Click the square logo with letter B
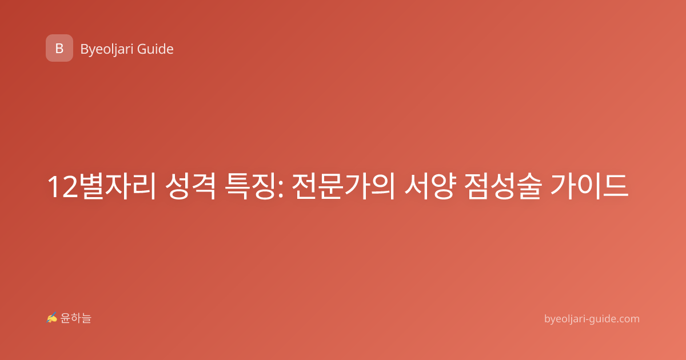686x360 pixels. click(x=59, y=48)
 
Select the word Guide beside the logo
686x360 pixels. click(x=155, y=49)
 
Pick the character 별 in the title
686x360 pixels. click(x=91, y=186)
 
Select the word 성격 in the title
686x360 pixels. click(x=190, y=186)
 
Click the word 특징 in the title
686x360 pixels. click(x=250, y=186)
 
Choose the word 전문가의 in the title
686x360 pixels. click(x=344, y=186)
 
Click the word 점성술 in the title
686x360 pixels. click(x=502, y=186)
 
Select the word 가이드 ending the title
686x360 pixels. click(x=589, y=186)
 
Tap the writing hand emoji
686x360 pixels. click(x=52, y=318)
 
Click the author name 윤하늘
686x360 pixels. click(x=75, y=318)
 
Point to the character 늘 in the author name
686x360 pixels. click(x=86, y=318)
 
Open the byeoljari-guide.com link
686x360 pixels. click(x=592, y=319)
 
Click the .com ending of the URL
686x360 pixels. click(x=628, y=319)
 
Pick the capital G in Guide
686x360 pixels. click(x=142, y=49)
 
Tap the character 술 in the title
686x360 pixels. click(x=529, y=186)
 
